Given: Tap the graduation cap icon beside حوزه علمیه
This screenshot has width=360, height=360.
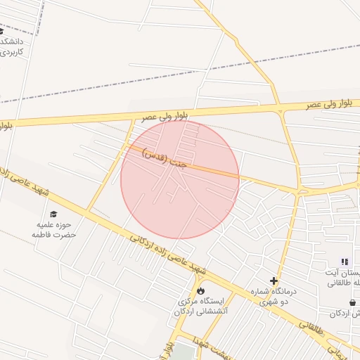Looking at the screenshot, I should (x=53, y=214).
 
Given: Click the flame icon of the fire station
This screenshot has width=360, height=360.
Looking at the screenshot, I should (x=200, y=290).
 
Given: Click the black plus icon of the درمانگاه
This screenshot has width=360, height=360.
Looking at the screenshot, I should (x=274, y=281).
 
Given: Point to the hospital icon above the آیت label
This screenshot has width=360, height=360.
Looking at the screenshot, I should (x=345, y=262).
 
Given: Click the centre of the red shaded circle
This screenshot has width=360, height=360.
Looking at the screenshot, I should (x=180, y=179).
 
